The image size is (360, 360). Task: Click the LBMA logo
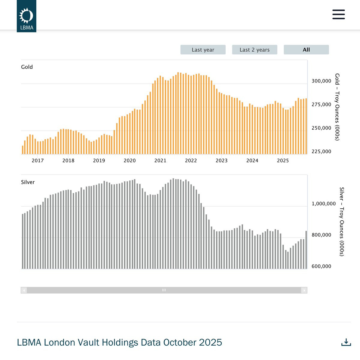26,16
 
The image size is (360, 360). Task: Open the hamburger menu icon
339,14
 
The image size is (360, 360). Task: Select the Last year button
203,50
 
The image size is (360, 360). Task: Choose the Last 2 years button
254,50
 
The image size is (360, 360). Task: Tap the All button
306,50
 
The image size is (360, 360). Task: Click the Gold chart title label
27,67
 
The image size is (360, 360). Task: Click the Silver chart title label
28,182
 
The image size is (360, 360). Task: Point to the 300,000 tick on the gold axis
321,81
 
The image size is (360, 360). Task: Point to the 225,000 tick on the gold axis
321,152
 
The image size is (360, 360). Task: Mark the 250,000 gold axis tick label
321,128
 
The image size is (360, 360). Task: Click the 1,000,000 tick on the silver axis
323,204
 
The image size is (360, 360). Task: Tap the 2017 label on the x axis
38,161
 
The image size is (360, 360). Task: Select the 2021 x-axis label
160,161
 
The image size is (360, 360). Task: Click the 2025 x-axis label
283,161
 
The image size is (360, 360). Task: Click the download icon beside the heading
346,342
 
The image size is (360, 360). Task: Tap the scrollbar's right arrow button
304,290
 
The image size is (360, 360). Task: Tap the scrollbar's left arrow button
24,290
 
